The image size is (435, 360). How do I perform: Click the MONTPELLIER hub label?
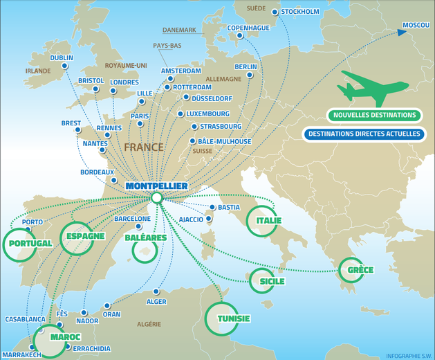coord(158,186)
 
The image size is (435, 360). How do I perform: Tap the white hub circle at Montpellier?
coord(157,198)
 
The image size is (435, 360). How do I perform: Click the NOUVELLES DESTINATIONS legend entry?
coord(373,115)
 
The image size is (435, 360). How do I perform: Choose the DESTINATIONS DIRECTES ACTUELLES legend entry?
coord(364,134)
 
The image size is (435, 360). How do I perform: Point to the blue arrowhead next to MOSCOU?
coord(403,30)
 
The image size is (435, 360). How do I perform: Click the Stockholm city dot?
coord(275,12)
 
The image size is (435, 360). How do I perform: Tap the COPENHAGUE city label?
coord(248,28)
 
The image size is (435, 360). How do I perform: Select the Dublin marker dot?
coord(65,66)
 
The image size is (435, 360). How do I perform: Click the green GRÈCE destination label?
coord(360,269)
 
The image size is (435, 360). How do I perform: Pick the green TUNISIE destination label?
coord(233,318)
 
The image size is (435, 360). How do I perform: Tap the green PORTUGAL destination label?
coord(28,244)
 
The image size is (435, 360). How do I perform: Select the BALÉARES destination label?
coord(145,237)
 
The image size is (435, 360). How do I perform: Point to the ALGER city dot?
coord(157,291)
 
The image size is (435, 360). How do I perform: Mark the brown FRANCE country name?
coord(144,147)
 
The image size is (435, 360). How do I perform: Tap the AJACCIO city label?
coord(191,219)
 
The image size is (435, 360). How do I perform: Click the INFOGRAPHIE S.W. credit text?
coord(408,354)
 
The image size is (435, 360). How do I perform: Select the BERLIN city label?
coord(246,67)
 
